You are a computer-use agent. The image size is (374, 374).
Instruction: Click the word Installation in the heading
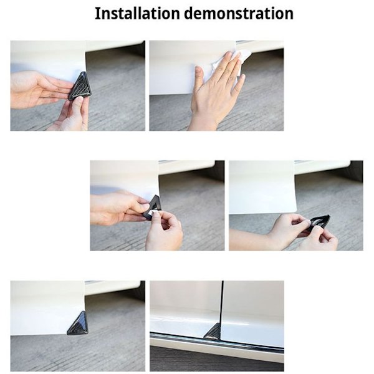click(137, 13)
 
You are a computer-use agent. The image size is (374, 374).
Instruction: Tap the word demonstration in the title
click(239, 13)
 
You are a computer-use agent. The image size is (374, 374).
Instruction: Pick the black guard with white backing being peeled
click(153, 207)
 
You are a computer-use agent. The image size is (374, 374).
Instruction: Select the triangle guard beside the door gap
click(213, 330)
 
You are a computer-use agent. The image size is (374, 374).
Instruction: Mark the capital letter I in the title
click(97, 13)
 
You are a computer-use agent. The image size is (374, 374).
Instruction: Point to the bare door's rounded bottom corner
click(295, 209)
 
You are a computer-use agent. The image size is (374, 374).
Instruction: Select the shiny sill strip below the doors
click(217, 340)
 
